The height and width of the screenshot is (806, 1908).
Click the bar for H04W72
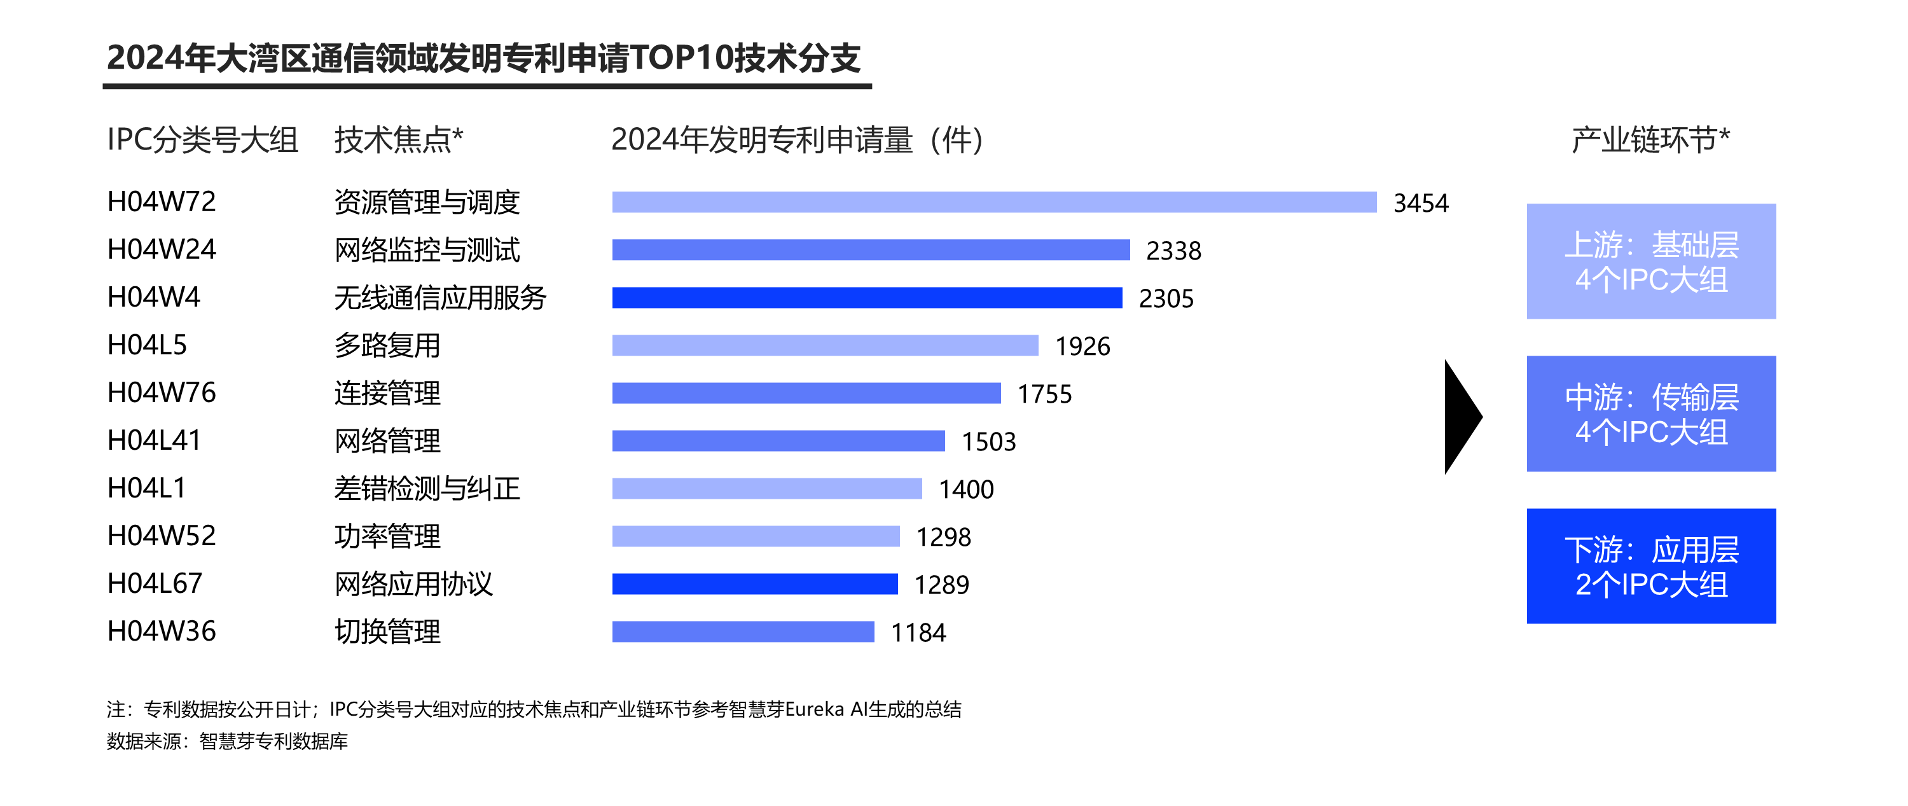click(994, 202)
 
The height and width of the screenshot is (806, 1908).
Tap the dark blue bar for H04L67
click(755, 584)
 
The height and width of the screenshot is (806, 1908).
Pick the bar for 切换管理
click(743, 632)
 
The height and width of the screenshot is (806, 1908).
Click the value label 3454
click(1421, 203)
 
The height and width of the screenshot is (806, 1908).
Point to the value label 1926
click(1082, 346)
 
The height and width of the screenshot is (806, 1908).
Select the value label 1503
click(988, 441)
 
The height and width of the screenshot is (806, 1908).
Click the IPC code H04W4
click(154, 297)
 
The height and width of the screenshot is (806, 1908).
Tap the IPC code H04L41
click(154, 441)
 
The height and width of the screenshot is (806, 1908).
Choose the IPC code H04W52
click(162, 536)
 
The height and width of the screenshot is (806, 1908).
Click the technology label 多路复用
click(387, 345)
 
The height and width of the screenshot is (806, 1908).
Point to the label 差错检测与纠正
click(427, 488)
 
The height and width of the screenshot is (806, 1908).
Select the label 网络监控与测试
click(427, 249)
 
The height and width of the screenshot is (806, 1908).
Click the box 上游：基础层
click(1651, 261)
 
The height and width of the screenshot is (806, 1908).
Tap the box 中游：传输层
click(1651, 414)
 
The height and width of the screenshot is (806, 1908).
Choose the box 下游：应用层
click(1651, 566)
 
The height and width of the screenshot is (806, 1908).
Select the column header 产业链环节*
click(1650, 139)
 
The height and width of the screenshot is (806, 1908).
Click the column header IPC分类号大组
click(202, 139)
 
